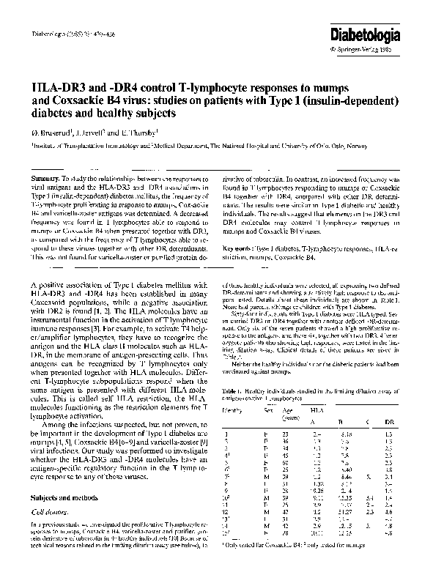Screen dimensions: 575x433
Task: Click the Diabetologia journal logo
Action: click(x=388, y=34)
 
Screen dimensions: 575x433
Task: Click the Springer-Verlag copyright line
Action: click(x=389, y=51)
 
